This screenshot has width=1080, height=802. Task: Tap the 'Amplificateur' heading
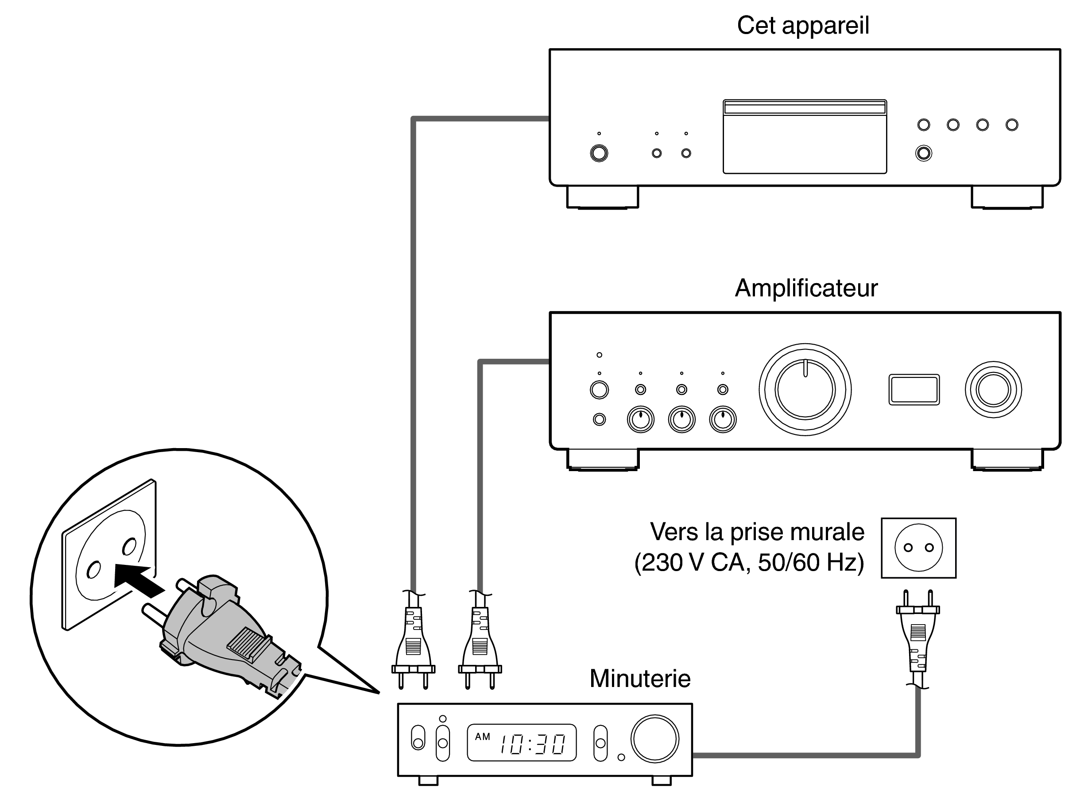tap(805, 288)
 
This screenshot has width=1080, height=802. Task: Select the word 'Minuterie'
tap(639, 678)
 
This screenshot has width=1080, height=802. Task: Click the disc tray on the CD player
tap(804, 137)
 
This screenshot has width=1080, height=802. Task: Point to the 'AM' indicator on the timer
tap(482, 737)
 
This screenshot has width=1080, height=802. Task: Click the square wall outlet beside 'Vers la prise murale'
tap(918, 548)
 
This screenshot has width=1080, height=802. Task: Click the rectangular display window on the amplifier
tap(914, 389)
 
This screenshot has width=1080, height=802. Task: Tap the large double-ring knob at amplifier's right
tap(993, 389)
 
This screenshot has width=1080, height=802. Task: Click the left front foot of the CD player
tap(602, 198)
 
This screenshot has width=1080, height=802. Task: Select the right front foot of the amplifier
tap(1006, 460)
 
